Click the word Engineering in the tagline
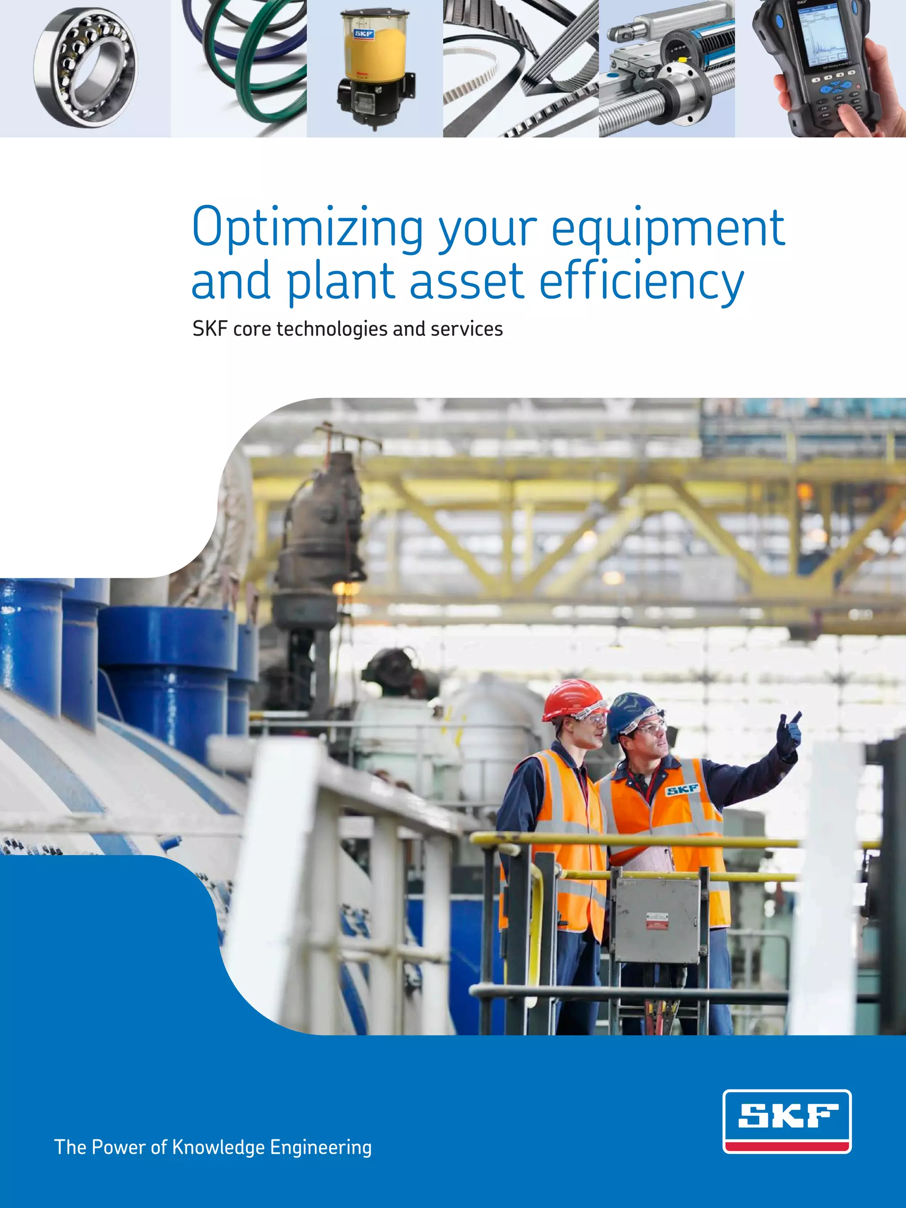(321, 1148)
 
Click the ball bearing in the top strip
(86, 67)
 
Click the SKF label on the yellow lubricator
(364, 34)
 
